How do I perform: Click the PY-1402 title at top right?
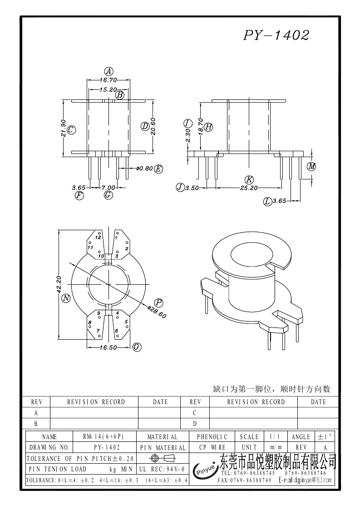point(276,35)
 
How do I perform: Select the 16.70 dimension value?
point(108,79)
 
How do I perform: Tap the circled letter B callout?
point(120,95)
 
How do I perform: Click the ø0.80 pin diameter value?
point(144,169)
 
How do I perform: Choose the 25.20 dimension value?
point(249,187)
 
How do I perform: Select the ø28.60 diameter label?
point(157,312)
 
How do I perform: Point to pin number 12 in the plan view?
point(98,238)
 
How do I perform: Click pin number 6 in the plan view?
point(117,331)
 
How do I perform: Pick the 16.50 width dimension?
point(108,347)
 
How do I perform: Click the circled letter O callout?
point(137,347)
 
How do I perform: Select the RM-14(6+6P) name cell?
point(103,437)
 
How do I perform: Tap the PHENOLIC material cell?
point(212,437)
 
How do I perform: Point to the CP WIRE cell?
point(212,447)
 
